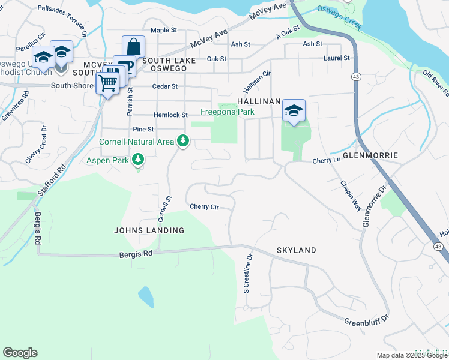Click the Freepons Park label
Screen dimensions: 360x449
227,112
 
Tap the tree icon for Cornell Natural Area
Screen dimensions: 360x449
183,142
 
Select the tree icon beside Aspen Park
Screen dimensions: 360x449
139,159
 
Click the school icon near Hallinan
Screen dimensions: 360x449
294,110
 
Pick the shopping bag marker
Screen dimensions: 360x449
133,47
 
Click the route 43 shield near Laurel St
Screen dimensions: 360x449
357,77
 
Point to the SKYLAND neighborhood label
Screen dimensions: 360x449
296,250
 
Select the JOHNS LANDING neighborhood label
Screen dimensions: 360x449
149,230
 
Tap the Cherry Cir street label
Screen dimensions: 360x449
203,207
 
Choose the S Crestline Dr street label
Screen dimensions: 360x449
247,273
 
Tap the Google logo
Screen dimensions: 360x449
20,353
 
